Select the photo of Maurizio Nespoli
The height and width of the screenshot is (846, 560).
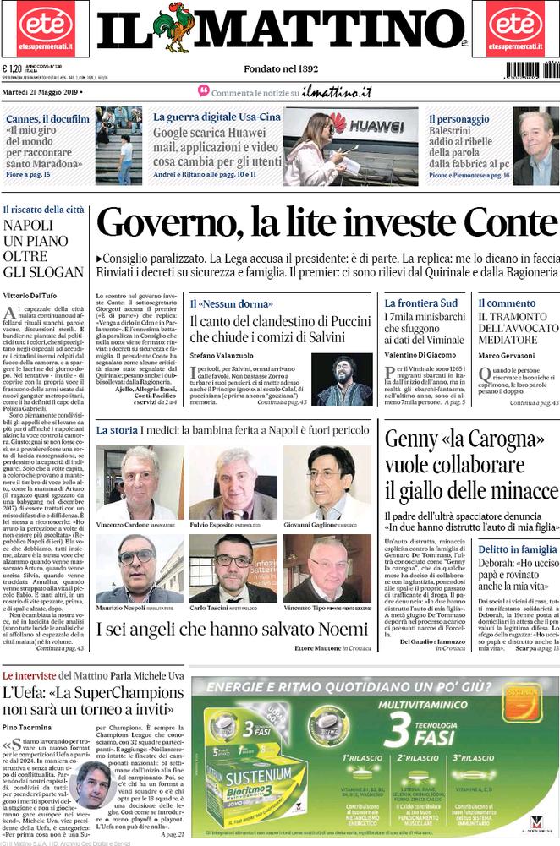139,568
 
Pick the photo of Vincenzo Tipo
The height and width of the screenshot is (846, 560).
327,568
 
